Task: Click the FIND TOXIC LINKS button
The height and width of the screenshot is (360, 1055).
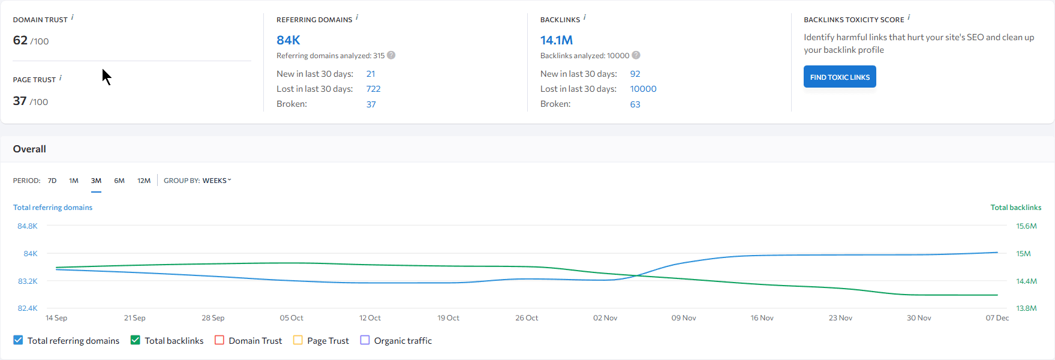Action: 839,77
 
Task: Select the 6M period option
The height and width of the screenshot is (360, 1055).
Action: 119,181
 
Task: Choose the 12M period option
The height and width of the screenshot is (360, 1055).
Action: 144,181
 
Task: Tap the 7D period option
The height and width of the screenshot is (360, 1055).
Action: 52,181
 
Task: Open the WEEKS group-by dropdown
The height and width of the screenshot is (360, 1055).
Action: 217,181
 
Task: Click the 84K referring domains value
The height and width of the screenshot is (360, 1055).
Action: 288,40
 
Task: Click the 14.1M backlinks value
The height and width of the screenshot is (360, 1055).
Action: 556,40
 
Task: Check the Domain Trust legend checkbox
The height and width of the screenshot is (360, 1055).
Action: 220,340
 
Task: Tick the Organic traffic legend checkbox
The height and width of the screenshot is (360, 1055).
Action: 365,340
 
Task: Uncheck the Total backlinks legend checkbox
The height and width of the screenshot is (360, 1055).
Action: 136,340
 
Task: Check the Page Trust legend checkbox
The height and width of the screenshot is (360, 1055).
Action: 298,340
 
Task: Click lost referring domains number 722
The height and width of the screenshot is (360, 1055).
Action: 373,89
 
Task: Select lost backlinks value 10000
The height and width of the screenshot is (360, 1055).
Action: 643,89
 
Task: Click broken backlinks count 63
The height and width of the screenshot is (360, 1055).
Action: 635,104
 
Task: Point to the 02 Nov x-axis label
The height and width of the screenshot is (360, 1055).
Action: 605,318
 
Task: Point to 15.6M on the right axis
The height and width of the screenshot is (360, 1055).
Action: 1026,226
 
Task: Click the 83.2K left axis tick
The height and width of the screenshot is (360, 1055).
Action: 28,281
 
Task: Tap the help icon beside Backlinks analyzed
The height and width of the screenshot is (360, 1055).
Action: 636,55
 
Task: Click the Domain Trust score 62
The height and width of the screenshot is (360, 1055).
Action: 20,40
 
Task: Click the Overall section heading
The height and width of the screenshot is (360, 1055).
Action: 29,149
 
